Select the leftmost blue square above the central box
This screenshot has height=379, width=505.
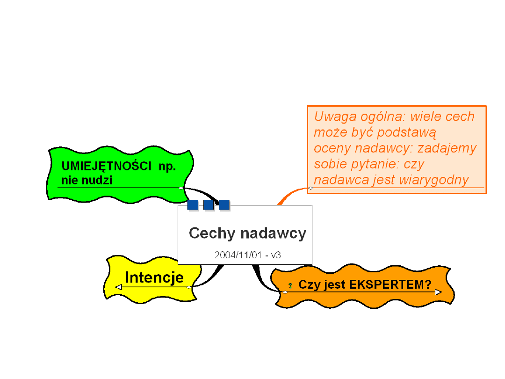[x=193, y=205]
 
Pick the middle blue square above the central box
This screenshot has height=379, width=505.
[x=209, y=205]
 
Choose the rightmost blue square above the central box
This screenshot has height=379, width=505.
[x=224, y=205]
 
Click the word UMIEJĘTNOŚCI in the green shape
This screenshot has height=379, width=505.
[x=106, y=166]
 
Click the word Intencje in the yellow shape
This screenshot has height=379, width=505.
[x=154, y=277]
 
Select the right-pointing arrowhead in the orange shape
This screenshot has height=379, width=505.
[x=438, y=292]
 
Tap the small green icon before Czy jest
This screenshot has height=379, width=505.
[x=290, y=285]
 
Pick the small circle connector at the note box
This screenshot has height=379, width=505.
[x=311, y=188]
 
